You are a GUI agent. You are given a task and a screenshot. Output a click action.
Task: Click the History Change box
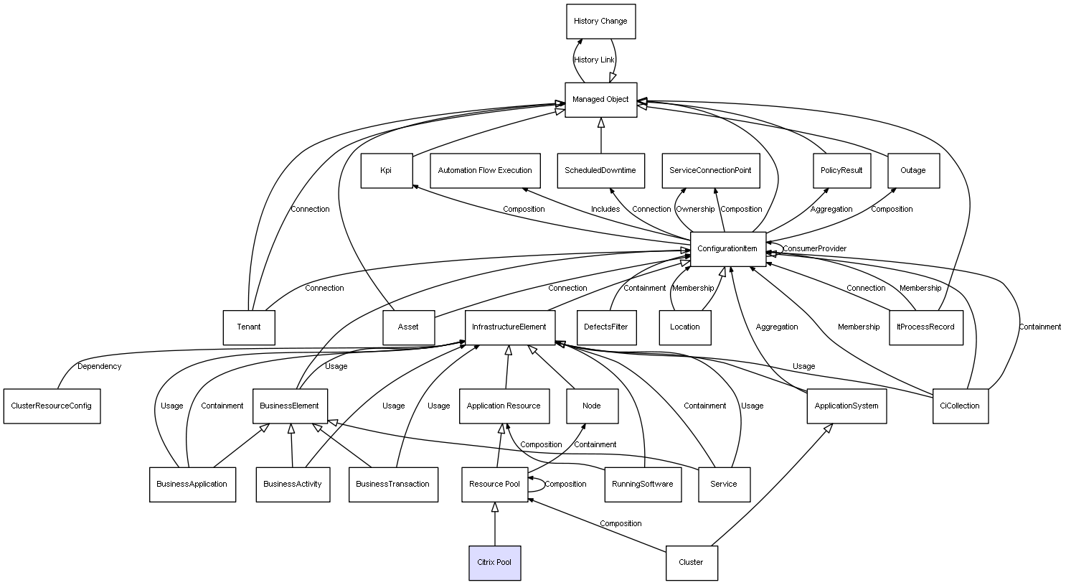(600, 22)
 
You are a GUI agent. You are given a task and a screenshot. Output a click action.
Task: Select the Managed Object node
(600, 100)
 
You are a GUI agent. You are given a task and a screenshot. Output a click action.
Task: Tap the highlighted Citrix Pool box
(494, 563)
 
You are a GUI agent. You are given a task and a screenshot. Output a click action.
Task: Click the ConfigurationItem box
(727, 249)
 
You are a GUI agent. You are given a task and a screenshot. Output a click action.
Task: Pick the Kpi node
(386, 171)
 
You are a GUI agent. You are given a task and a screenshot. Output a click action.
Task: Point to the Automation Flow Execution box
(485, 171)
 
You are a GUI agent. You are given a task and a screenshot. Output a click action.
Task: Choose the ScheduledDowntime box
(600, 171)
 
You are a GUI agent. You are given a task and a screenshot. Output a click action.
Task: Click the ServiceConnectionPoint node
(710, 171)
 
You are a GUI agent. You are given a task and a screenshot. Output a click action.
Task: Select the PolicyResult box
(841, 171)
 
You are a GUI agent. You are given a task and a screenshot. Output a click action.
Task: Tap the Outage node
(912, 171)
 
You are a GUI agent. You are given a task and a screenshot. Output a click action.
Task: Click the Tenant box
(249, 327)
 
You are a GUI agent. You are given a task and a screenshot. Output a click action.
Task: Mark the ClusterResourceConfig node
(52, 406)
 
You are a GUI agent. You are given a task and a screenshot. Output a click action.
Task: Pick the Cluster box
(691, 563)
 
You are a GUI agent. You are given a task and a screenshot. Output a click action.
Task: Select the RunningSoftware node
(642, 485)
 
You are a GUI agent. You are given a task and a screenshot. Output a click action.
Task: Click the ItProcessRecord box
(925, 327)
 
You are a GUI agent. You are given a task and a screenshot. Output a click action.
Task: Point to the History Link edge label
(594, 60)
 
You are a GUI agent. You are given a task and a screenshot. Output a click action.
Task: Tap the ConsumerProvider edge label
(814, 249)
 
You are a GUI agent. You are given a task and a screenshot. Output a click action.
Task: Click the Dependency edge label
(99, 367)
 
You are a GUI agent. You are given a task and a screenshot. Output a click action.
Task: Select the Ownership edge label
(695, 210)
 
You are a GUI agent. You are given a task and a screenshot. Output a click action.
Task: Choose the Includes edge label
(605, 210)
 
